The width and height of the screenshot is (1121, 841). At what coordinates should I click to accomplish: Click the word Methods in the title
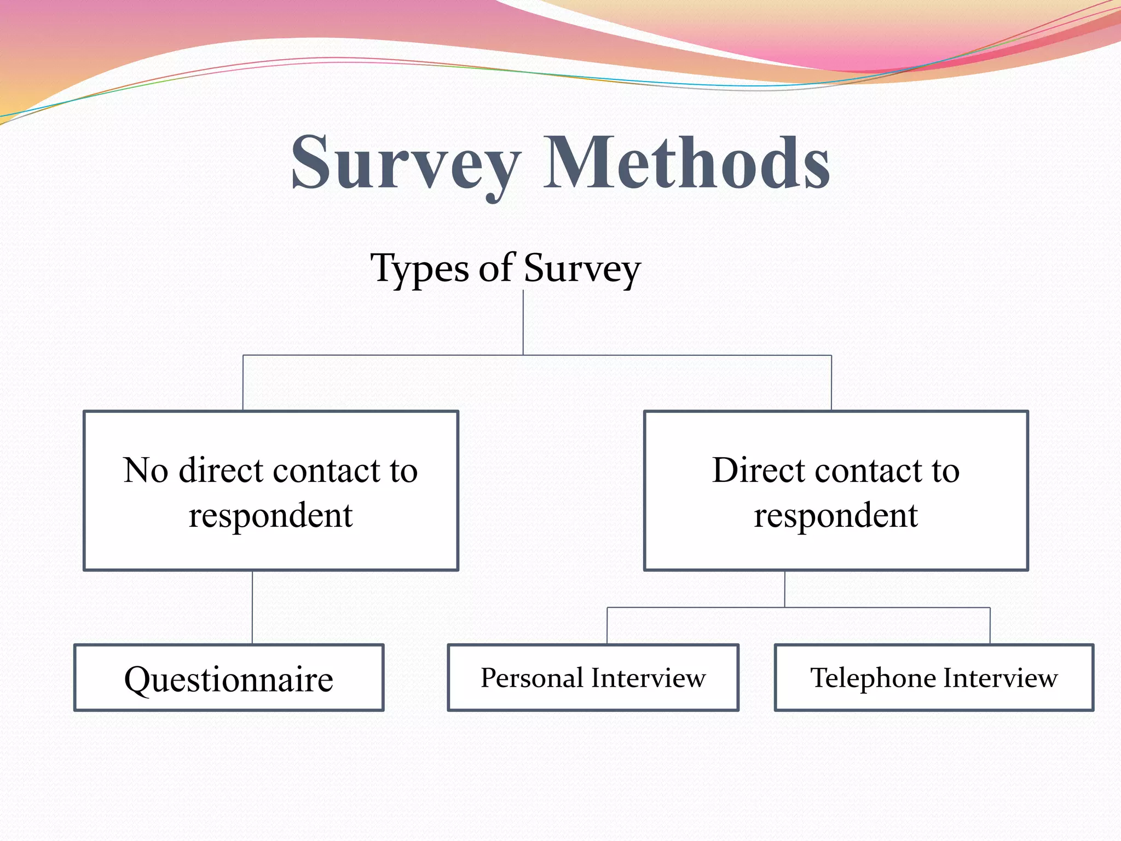(x=686, y=163)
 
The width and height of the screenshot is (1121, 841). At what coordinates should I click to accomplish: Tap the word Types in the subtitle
(x=420, y=269)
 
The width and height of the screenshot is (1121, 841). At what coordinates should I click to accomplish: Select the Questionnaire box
(x=229, y=678)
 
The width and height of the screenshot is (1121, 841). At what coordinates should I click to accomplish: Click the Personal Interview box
(x=593, y=678)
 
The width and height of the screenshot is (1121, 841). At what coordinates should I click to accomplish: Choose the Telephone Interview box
(x=934, y=678)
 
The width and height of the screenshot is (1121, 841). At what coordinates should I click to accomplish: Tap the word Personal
(x=531, y=678)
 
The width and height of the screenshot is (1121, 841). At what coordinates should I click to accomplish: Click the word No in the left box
(x=145, y=470)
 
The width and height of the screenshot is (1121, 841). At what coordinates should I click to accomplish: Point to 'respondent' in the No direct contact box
(x=270, y=516)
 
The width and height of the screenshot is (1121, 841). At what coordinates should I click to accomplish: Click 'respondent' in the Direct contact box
(x=836, y=516)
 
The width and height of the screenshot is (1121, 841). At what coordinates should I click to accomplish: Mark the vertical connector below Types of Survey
(x=523, y=323)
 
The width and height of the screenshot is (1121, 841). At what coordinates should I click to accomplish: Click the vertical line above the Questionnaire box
(x=252, y=607)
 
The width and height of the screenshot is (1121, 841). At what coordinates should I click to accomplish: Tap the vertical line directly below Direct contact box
(x=785, y=589)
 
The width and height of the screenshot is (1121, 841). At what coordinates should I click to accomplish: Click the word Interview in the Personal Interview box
(x=649, y=678)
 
